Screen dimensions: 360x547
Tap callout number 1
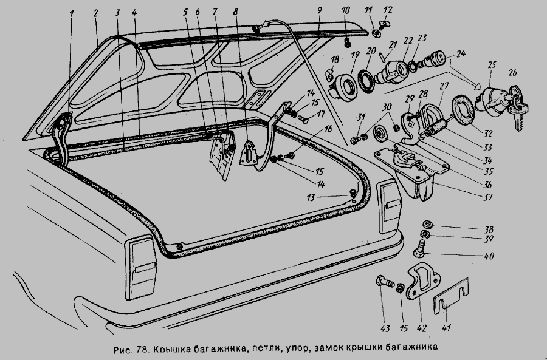point(71,13)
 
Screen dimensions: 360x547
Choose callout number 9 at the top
point(318,12)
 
